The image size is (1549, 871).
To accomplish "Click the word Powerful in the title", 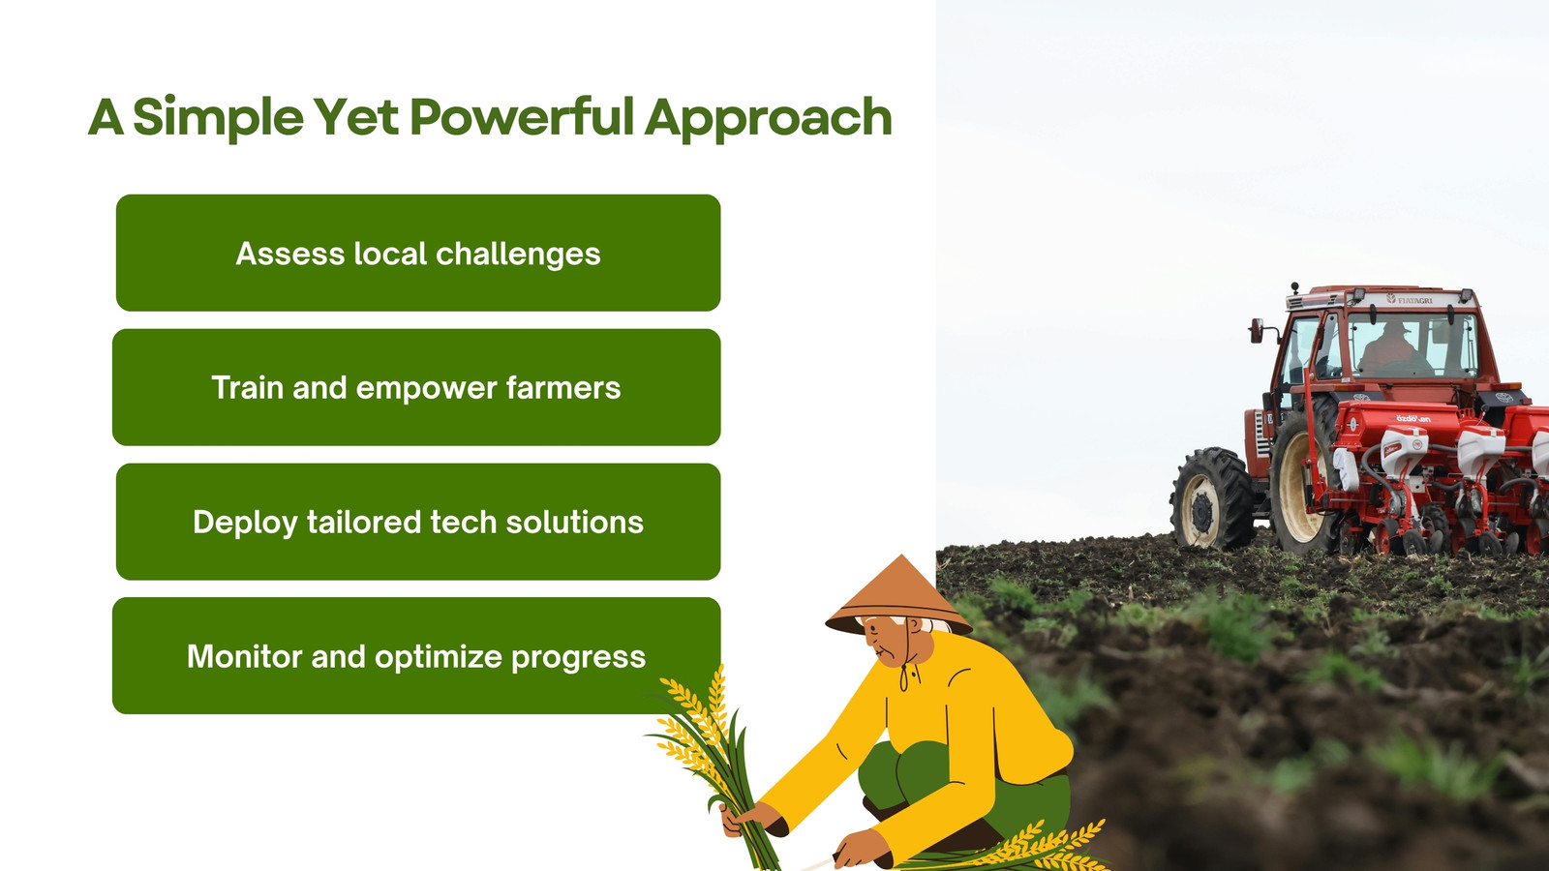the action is [x=522, y=116].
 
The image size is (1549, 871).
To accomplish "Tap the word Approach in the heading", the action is [x=769, y=119].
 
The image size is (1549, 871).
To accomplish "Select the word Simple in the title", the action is [x=218, y=117].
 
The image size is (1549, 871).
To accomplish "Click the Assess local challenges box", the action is [x=418, y=253].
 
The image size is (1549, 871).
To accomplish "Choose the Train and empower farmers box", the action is [x=416, y=387].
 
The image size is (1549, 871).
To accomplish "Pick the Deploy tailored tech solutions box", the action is [x=418, y=522].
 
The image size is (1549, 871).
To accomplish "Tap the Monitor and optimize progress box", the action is [x=416, y=655].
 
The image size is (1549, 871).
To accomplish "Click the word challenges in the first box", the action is [x=518, y=255].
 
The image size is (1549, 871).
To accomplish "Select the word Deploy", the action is [x=246, y=523].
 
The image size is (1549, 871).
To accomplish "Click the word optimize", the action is [x=437, y=657].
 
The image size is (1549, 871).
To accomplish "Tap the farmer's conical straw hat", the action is [x=898, y=596].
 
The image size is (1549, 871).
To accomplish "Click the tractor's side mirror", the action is [x=1256, y=330].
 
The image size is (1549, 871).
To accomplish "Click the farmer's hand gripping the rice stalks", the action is [x=746, y=819].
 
